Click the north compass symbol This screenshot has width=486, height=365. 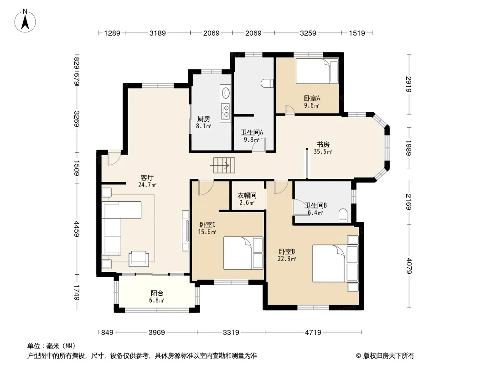click(25, 21)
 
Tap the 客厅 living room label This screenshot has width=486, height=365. click(147, 177)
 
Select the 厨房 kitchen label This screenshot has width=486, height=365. click(204, 119)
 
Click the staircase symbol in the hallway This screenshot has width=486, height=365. click(224, 165)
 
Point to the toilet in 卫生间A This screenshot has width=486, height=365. click(267, 83)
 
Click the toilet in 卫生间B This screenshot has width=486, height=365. click(343, 216)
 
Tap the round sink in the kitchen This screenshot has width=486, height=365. click(226, 93)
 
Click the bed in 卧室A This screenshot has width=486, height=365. click(317, 71)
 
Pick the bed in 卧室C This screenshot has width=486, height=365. click(243, 253)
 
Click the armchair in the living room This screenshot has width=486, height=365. click(139, 259)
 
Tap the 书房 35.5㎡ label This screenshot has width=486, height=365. click(323, 148)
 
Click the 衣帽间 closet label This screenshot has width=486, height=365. click(247, 196)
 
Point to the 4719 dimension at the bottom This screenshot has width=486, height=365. click(313, 333)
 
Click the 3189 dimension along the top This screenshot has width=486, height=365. click(157, 33)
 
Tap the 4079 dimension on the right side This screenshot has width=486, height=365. click(409, 266)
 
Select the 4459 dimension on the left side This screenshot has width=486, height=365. click(77, 229)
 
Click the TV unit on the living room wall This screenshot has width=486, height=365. click(186, 231)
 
